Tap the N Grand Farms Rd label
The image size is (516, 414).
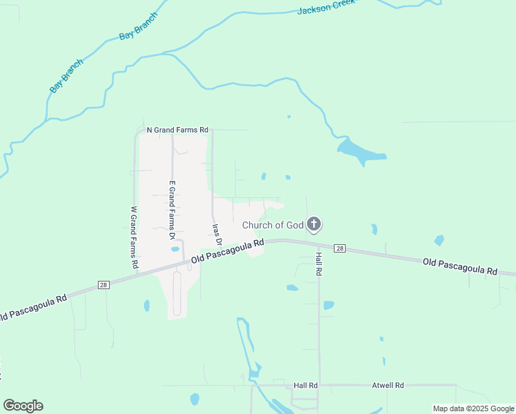(177, 130)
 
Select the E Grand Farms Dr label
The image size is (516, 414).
(172, 210)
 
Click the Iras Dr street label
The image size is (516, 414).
(215, 233)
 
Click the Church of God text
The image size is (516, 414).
(272, 225)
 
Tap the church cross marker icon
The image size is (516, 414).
(314, 224)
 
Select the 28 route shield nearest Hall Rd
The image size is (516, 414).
(339, 248)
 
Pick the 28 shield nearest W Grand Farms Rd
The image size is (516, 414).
(102, 285)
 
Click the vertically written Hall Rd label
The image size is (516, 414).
(319, 264)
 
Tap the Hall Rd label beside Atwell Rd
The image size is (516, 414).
(305, 385)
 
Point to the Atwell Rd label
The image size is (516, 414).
(388, 385)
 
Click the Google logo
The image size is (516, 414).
(23, 406)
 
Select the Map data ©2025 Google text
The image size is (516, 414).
(473, 408)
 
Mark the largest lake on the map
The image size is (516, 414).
(358, 150)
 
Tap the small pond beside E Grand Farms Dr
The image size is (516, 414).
(175, 249)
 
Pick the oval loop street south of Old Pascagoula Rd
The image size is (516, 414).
(176, 293)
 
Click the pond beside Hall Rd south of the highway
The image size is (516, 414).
(328, 304)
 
